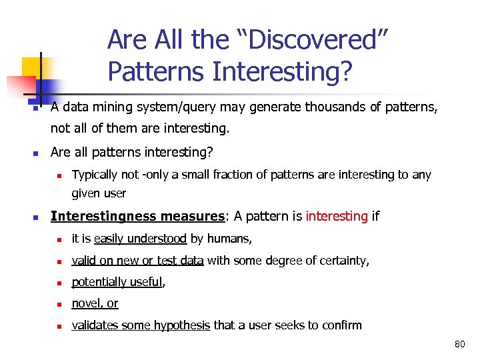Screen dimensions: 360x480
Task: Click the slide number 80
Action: [x=459, y=345]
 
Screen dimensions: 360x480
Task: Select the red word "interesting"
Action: [x=337, y=216]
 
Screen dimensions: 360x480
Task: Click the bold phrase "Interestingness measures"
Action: [x=137, y=216]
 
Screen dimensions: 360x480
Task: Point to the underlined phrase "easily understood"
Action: [x=141, y=239]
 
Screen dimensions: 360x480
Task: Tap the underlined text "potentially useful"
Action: [x=117, y=282]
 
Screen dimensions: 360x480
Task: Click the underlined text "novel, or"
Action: [x=95, y=303]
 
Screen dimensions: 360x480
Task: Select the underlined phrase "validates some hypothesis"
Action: [x=141, y=325]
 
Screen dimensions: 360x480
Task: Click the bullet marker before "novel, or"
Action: [x=59, y=305]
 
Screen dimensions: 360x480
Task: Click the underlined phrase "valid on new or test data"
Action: [x=137, y=261]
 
